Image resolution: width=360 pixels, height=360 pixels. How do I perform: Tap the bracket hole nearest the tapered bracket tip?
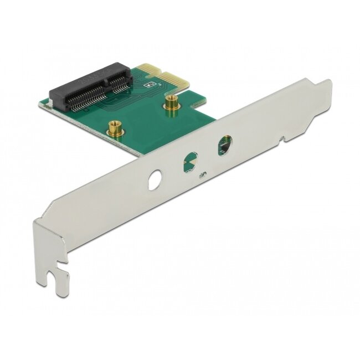click(x=225, y=145)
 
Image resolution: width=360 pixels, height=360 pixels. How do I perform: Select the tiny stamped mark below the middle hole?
click(x=204, y=176)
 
